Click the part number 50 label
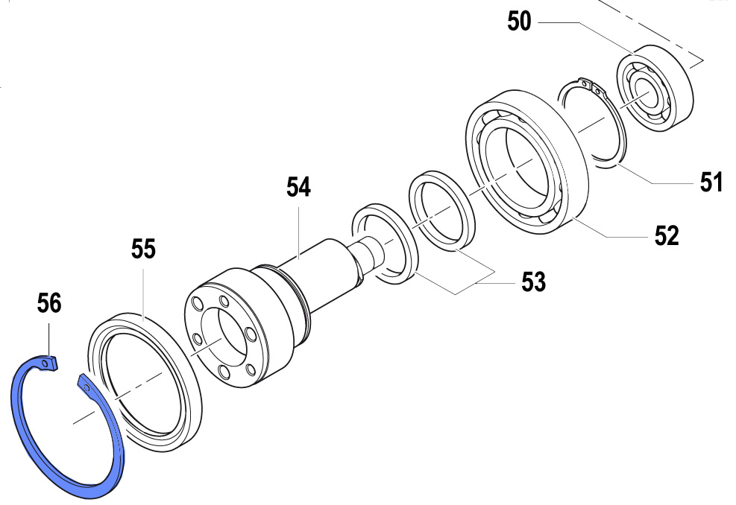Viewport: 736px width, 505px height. click(x=519, y=22)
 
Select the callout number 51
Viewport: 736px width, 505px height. click(x=711, y=182)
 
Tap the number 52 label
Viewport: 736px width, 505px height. click(x=667, y=235)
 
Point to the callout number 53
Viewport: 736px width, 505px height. click(x=534, y=282)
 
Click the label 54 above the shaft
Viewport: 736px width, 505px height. click(x=299, y=187)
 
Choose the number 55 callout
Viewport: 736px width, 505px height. click(x=143, y=249)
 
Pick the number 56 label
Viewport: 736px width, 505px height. click(x=49, y=303)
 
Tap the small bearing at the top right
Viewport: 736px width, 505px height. click(x=655, y=87)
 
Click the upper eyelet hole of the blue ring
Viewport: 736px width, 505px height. click(x=45, y=363)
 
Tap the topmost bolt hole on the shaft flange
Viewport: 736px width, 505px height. click(x=224, y=300)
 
